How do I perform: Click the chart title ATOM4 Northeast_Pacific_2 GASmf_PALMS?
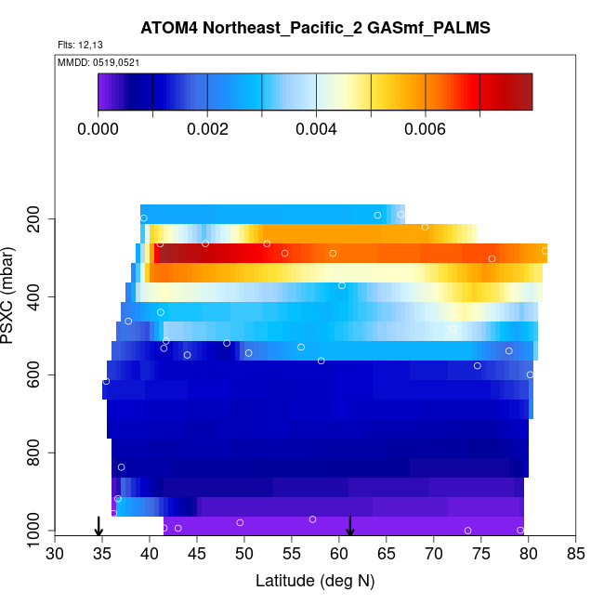tap(315, 28)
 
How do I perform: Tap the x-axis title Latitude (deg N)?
tap(315, 581)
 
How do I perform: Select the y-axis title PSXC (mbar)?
tap(11, 295)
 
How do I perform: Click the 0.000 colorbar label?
tap(98, 129)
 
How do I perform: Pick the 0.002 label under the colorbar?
tap(207, 129)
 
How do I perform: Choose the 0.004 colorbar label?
tap(317, 129)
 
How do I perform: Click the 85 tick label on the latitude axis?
tap(576, 555)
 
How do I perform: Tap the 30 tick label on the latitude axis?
tap(55, 555)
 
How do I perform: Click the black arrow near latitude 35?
tap(98, 527)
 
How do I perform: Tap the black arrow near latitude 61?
tap(350, 527)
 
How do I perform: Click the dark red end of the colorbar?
tap(521, 92)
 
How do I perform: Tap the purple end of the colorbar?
tap(105, 92)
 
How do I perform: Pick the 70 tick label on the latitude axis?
tap(434, 555)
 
